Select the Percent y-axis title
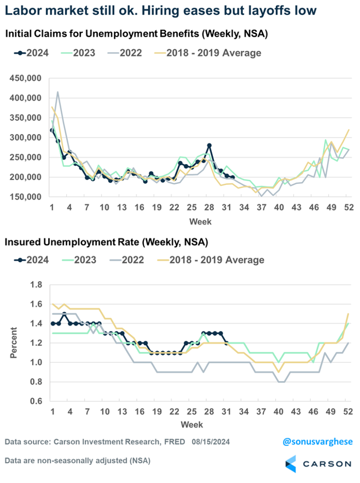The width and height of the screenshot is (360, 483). tap(13, 343)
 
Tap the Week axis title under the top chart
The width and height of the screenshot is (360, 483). tap(200, 222)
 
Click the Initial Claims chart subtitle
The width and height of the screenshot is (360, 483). tap(136, 34)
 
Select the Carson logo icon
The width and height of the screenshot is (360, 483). tap(292, 464)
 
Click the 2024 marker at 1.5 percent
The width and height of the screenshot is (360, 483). tap(64, 314)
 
